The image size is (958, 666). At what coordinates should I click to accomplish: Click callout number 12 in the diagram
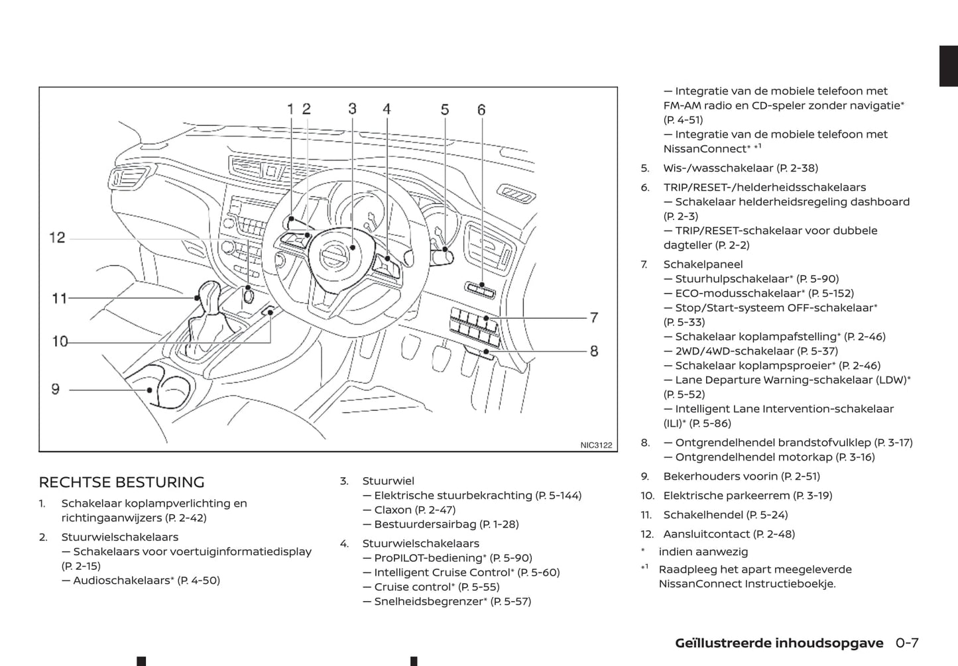pyautogui.click(x=58, y=237)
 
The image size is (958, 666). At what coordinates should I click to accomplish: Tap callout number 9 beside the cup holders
pyautogui.click(x=56, y=389)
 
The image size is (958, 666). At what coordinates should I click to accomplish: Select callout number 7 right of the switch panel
pyautogui.click(x=594, y=317)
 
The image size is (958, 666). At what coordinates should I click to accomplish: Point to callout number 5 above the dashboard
pyautogui.click(x=445, y=109)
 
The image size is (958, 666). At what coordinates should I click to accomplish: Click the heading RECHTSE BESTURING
pyautogui.click(x=121, y=482)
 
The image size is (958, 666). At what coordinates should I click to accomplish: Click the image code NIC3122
pyautogui.click(x=596, y=445)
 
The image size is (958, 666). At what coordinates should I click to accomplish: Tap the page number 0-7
pyautogui.click(x=907, y=643)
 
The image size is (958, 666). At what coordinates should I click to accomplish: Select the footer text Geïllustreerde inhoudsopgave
pyautogui.click(x=779, y=643)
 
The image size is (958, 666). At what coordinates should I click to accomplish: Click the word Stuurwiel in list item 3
pyautogui.click(x=388, y=480)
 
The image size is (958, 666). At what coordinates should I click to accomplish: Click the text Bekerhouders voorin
pyautogui.click(x=720, y=476)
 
